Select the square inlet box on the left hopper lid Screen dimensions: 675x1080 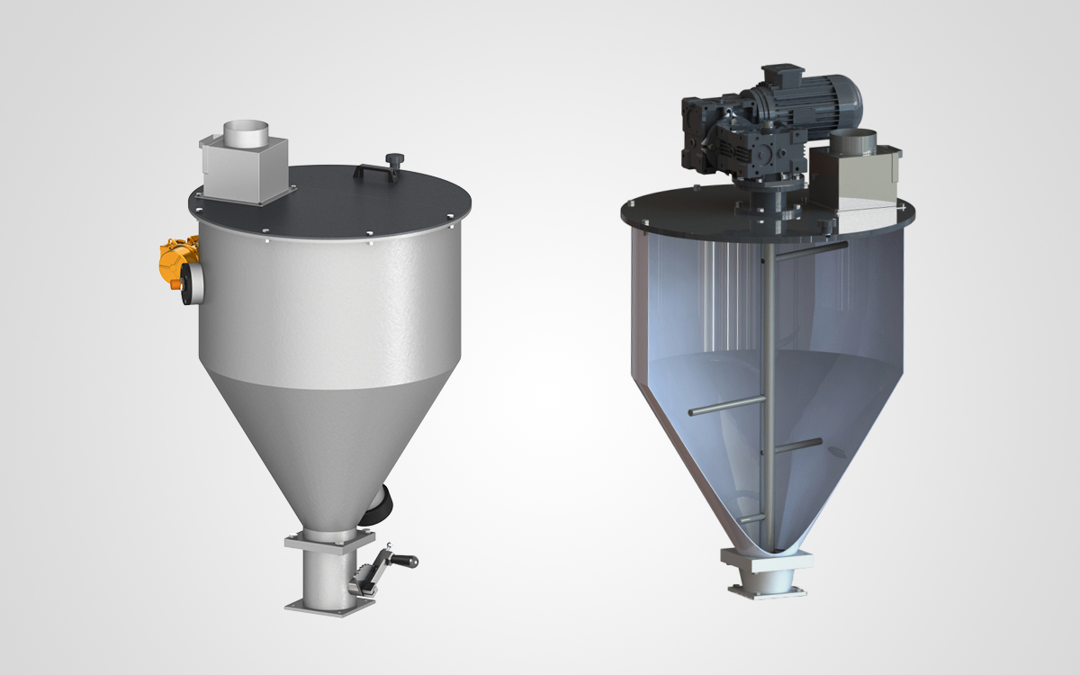point(241,171)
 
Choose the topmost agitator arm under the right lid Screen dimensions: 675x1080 point(810,249)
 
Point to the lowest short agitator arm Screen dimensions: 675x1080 point(751,519)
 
